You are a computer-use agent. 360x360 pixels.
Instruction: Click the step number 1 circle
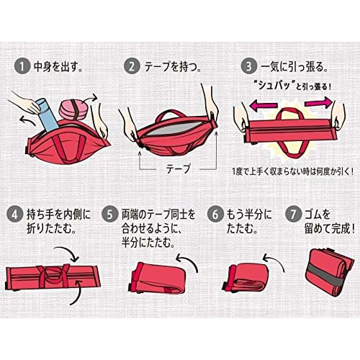click(22, 66)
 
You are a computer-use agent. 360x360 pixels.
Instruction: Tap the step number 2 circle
click(132, 66)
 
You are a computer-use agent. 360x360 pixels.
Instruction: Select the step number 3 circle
click(249, 66)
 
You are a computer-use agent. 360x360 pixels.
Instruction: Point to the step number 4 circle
click(14, 215)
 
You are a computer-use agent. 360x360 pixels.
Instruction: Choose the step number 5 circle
click(109, 215)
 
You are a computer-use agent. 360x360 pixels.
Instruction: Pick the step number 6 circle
click(215, 215)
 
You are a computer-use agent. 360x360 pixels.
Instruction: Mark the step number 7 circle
click(293, 215)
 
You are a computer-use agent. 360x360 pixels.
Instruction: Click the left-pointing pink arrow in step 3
click(264, 106)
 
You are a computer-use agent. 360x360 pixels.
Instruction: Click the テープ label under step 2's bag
click(179, 168)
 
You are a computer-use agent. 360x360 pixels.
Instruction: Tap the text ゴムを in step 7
click(318, 215)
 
